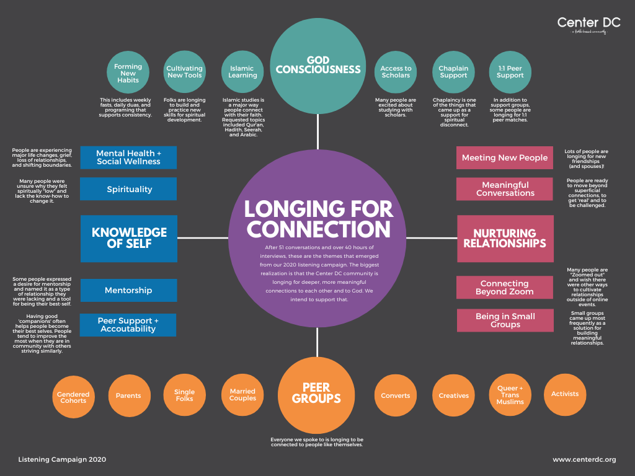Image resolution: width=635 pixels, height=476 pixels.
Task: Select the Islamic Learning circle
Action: pos(242,71)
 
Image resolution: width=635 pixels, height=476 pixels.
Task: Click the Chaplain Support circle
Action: pos(453,71)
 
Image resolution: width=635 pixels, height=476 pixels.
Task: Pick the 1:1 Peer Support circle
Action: pos(510,71)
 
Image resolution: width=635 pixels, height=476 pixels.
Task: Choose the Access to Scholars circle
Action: pos(396,71)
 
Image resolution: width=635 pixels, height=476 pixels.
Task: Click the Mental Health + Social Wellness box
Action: pos(128,157)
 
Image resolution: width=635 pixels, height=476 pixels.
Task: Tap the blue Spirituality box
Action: pos(128,189)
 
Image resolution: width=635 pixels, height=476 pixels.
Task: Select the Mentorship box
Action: pos(128,290)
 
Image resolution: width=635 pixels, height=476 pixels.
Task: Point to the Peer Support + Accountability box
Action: pos(128,325)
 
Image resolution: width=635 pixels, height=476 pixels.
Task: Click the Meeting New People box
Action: pos(505,157)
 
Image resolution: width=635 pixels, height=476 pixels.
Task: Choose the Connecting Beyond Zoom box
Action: pos(505,288)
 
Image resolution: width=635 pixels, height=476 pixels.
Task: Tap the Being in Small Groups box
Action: pos(505,320)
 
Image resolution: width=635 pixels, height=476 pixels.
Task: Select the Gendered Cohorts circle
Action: pos(73,397)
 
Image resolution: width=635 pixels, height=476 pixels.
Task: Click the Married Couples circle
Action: pos(242,395)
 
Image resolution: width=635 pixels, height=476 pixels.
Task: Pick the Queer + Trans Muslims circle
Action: pos(510,395)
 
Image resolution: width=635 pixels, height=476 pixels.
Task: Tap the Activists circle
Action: pos(565,394)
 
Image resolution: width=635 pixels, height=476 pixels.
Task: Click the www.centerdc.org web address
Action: pos(584,459)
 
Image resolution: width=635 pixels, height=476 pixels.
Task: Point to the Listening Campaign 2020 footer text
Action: pos(62,459)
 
